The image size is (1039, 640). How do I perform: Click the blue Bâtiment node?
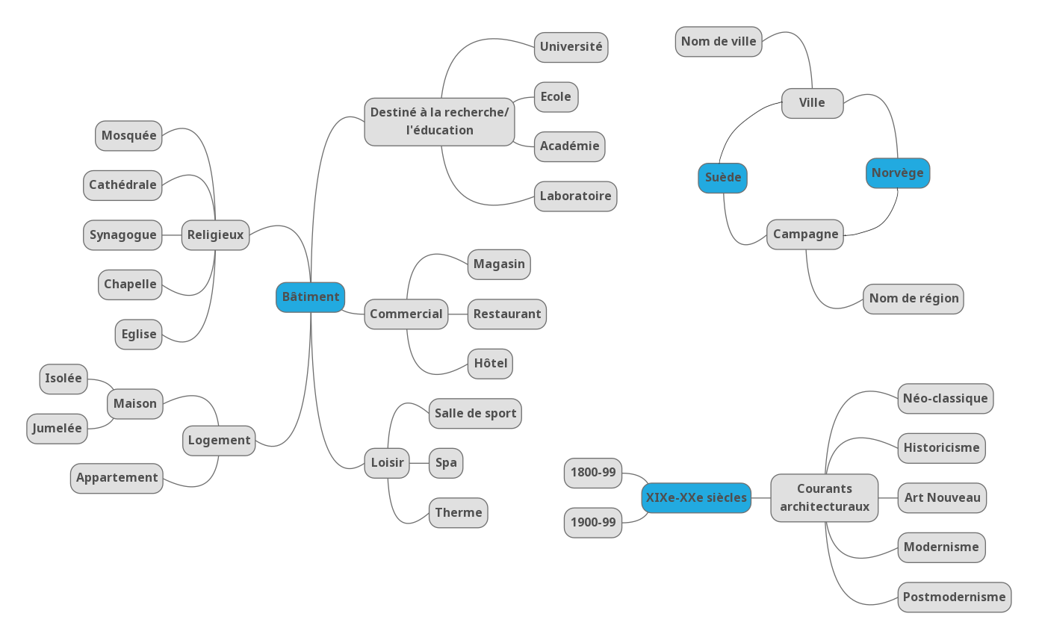[x=310, y=297]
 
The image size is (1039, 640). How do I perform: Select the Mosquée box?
[x=128, y=136]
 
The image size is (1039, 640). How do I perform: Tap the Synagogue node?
[x=122, y=235]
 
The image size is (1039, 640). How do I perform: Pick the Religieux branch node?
[x=215, y=235]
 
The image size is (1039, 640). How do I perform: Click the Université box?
[x=571, y=47]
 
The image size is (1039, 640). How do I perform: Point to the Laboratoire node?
[x=575, y=196]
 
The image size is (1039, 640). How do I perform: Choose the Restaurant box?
[x=506, y=314]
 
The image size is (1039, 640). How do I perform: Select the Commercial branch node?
[x=406, y=314]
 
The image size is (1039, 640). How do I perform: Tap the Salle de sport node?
[x=475, y=414]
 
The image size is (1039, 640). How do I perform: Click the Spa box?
[x=446, y=463]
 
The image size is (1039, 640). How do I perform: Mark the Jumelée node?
[x=57, y=429]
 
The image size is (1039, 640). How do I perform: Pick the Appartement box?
[x=117, y=478]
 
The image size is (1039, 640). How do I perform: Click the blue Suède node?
[x=722, y=178]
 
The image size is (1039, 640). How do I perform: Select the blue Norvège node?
[x=897, y=173]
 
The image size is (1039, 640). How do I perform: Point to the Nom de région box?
[x=913, y=299]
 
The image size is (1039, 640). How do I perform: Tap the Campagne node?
[x=804, y=234]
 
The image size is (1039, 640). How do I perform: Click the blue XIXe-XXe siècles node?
[x=695, y=498]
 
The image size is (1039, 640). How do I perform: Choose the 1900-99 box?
[x=592, y=523]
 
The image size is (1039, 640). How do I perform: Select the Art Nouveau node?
[x=942, y=498]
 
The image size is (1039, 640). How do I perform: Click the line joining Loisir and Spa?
[x=419, y=463]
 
